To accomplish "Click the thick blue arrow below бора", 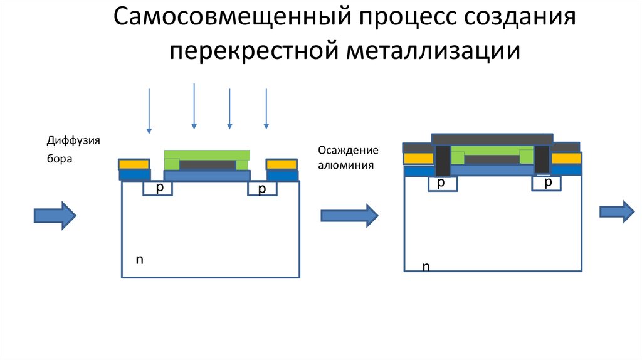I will point(55,215).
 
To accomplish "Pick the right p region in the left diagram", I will point(261,189).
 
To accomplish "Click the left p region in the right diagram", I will point(441,183).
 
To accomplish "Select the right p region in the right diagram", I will point(547,183).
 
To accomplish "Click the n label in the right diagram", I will point(426,267).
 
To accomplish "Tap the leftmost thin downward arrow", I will point(149,110).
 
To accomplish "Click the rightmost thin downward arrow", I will point(266,108).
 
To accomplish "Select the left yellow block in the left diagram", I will point(134,164).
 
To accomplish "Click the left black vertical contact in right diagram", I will point(443,160).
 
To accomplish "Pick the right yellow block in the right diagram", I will point(566,158).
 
